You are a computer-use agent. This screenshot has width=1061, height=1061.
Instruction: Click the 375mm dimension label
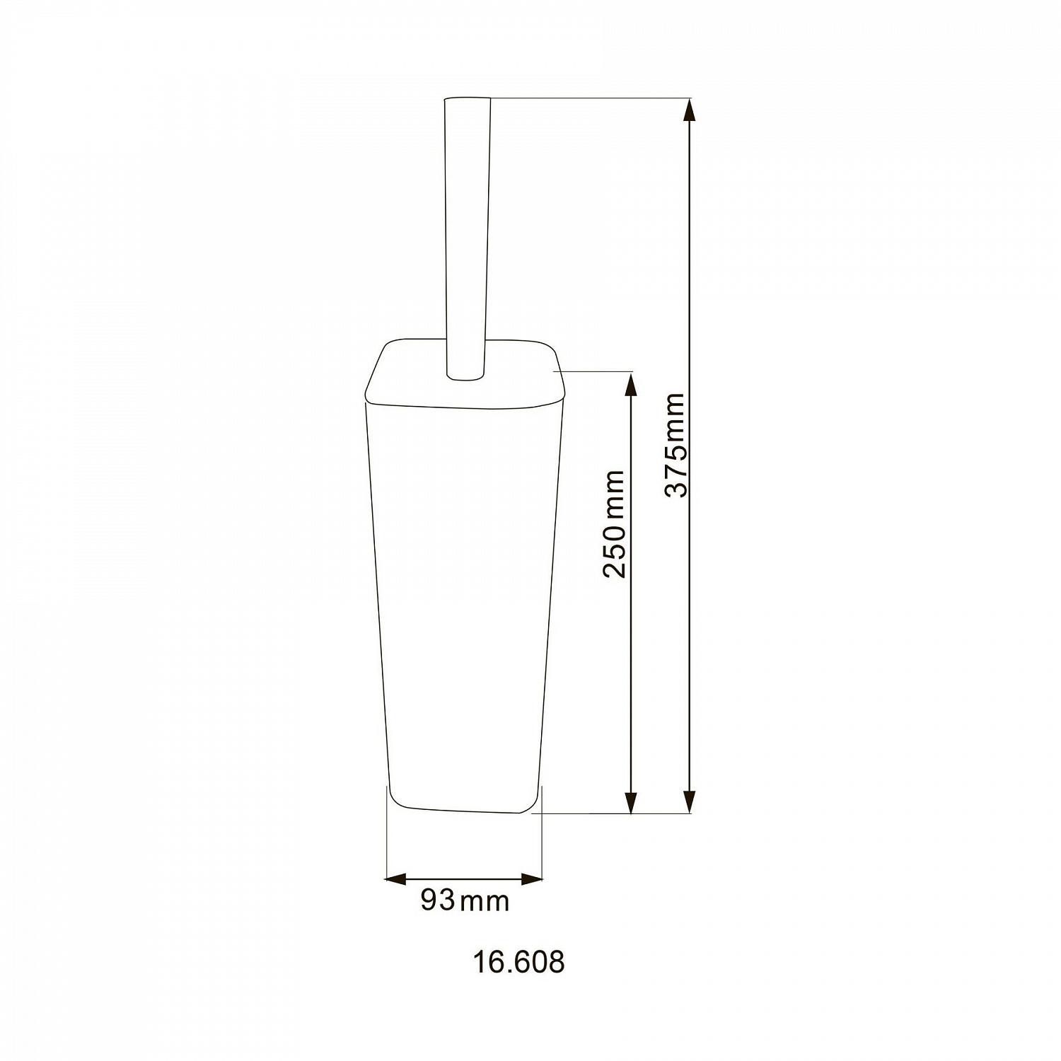676,446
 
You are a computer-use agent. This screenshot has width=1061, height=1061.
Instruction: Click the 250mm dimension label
615,524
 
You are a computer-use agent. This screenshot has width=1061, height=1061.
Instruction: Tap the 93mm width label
465,900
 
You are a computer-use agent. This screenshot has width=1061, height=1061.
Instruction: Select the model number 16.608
518,963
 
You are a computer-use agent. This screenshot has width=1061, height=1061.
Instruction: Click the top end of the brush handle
467,100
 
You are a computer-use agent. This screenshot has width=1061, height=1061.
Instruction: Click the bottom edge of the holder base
460,809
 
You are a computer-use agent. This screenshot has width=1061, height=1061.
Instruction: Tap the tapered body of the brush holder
463,601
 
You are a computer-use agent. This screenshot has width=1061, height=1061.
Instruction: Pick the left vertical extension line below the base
386,842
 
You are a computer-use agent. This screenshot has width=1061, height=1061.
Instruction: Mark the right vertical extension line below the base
542,842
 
